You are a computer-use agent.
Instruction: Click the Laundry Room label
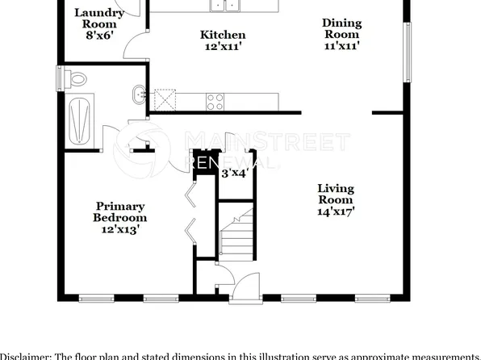click(99, 18)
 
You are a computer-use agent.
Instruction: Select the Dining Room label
click(342, 28)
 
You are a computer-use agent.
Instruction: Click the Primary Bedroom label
click(120, 211)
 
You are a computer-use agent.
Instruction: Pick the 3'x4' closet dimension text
click(234, 172)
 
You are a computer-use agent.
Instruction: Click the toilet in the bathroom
click(77, 80)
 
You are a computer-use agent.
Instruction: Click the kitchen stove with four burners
click(215, 101)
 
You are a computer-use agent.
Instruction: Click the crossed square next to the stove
click(165, 101)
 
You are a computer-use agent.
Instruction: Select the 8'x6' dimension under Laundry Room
click(99, 36)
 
